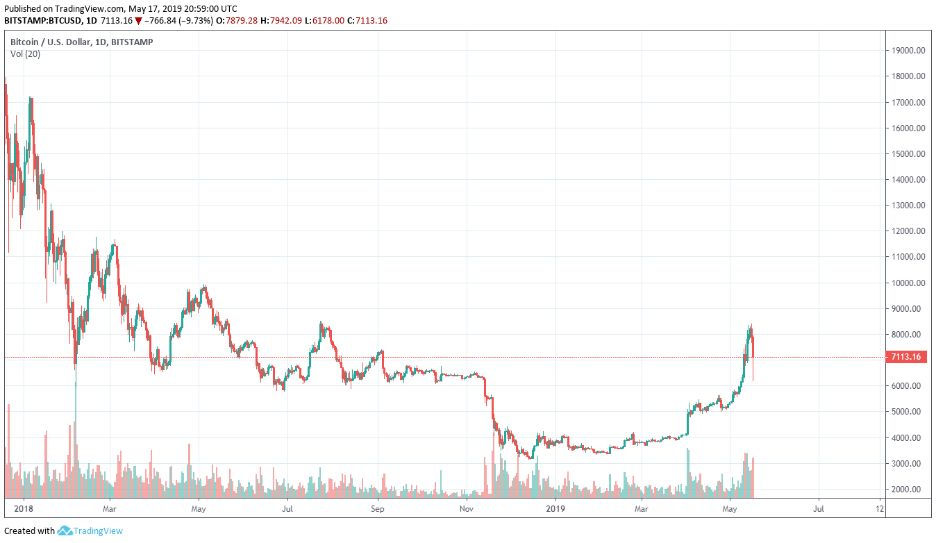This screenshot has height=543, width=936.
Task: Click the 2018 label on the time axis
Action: click(x=24, y=509)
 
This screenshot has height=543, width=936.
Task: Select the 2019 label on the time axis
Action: click(x=556, y=509)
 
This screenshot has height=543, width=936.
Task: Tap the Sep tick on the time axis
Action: click(x=377, y=509)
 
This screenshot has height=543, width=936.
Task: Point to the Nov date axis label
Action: click(x=467, y=509)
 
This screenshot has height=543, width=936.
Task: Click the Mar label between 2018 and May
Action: click(x=110, y=509)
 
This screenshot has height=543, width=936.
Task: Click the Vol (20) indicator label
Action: click(x=25, y=54)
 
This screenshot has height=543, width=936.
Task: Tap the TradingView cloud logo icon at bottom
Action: click(x=65, y=531)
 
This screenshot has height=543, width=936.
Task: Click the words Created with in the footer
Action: click(x=29, y=531)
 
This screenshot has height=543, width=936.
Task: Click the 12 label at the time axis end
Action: click(x=880, y=509)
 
